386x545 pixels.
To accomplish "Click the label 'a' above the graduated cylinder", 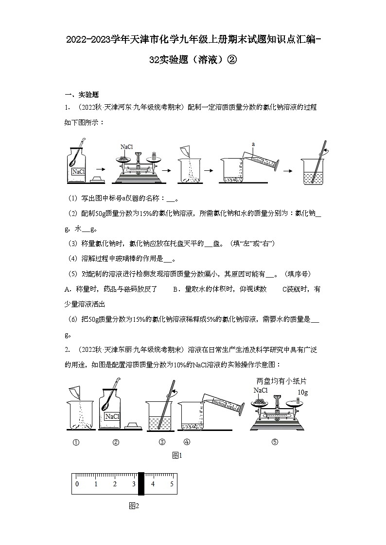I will (x=253, y=144).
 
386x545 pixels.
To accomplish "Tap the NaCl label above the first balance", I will (x=126, y=147).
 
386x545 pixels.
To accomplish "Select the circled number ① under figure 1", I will (x=76, y=442).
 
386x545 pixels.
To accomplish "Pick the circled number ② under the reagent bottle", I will (x=116, y=442).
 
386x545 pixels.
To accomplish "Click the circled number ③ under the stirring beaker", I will (x=162, y=442).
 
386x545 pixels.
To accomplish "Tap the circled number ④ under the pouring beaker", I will (x=187, y=442).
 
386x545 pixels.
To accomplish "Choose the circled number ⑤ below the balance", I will (x=275, y=442).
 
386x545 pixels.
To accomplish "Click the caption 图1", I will (x=177, y=455).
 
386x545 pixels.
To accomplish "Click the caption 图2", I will (x=134, y=506).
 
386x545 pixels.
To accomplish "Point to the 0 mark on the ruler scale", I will (x=77, y=484).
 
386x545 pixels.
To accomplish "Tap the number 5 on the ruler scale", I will (x=172, y=484).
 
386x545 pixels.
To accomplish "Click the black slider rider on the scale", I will (x=141, y=484).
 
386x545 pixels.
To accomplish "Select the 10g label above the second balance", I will (x=302, y=392).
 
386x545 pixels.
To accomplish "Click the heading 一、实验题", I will (x=82, y=95).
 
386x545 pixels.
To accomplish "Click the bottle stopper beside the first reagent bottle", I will (x=97, y=180).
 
